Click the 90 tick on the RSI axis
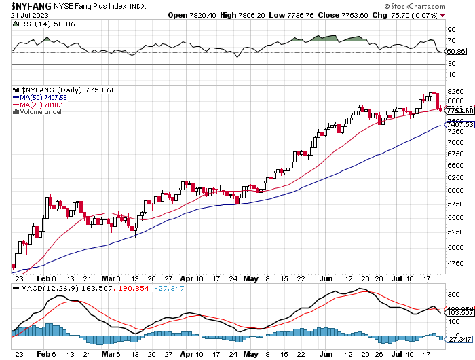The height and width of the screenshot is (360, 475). point(451,30)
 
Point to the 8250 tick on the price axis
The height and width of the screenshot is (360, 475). point(455,91)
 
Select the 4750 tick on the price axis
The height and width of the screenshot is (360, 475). point(455,263)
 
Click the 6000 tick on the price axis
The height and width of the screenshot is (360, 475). point(455,190)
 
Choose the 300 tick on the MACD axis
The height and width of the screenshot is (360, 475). point(453,295)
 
